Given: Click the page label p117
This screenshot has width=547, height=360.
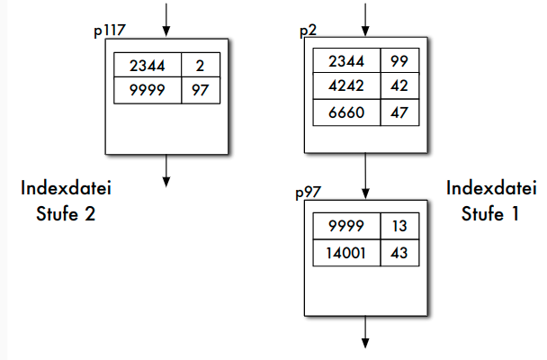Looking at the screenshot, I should point(109,31).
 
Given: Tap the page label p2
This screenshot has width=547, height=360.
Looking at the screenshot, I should point(307,31).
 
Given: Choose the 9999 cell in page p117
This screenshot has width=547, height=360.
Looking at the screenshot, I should point(148,91).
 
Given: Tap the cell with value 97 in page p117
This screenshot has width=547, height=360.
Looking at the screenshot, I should point(201,91).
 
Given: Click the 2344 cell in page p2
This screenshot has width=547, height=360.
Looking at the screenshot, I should point(345,61).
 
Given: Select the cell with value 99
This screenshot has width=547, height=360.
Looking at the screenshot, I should point(399,61).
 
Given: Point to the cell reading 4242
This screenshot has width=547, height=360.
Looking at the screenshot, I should point(345,87).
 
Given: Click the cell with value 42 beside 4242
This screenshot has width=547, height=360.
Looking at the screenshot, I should point(399,87).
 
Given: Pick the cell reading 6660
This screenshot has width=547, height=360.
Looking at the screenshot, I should point(345,113).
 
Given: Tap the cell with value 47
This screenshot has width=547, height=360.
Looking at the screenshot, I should point(399,113).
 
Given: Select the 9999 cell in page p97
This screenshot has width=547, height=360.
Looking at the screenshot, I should point(345,227).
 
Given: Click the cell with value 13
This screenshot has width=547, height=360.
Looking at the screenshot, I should point(399,227).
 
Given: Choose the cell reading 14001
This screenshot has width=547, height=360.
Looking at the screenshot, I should point(345,253).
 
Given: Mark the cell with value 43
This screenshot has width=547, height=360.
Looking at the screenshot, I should point(399,253).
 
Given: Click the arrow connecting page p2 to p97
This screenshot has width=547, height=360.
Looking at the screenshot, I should point(364,175).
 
